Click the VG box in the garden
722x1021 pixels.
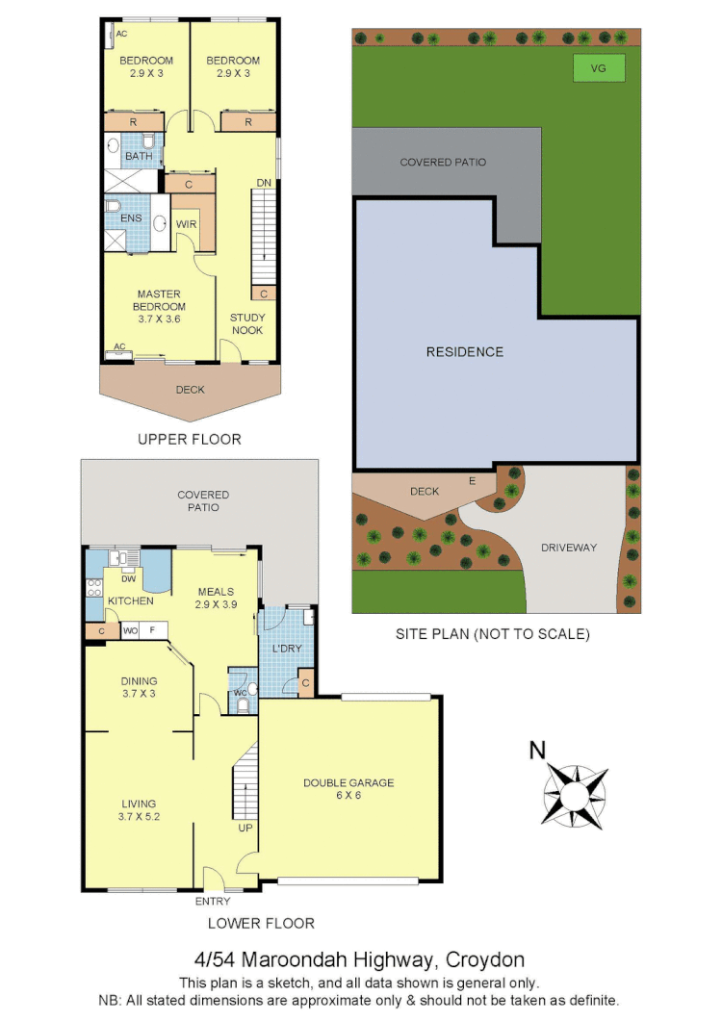click(599, 68)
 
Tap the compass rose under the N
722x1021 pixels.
click(575, 794)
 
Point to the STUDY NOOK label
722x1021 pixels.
click(246, 324)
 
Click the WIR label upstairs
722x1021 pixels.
click(187, 224)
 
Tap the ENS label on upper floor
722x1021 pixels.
click(131, 218)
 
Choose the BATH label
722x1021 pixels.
click(139, 156)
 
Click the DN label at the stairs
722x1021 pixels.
click(263, 183)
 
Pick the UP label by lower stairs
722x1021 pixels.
click(245, 828)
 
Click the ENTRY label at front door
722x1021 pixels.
click(213, 902)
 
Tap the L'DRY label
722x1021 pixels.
click(287, 649)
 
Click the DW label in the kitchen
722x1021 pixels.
click(128, 578)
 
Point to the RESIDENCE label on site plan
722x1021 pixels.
click(464, 352)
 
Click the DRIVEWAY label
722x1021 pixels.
click(568, 548)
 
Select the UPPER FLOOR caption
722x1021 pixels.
click(189, 440)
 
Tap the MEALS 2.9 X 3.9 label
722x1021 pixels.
click(216, 599)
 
